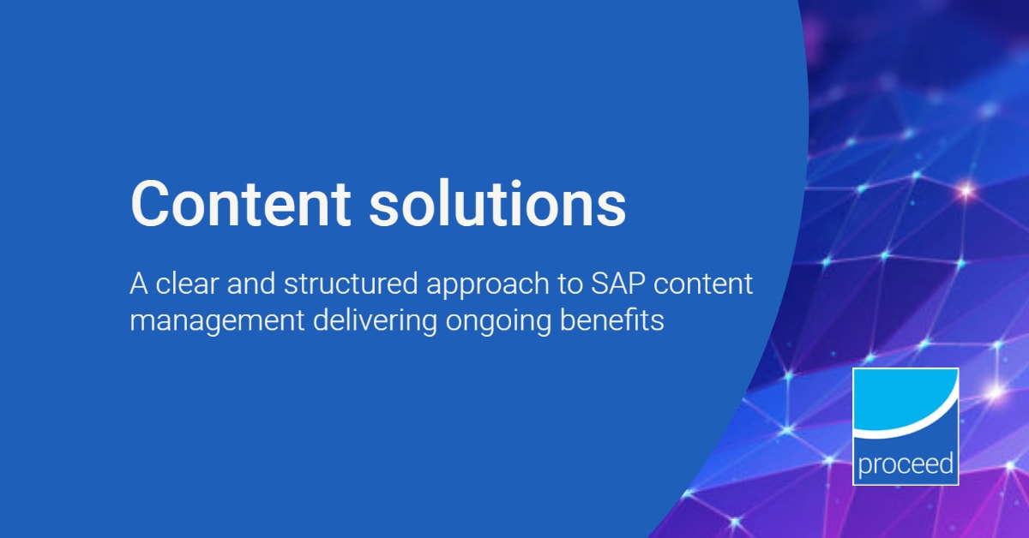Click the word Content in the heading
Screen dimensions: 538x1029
point(241,204)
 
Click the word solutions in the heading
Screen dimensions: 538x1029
point(500,204)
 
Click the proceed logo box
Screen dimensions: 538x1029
point(906,426)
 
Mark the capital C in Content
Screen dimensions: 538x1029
point(148,204)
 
